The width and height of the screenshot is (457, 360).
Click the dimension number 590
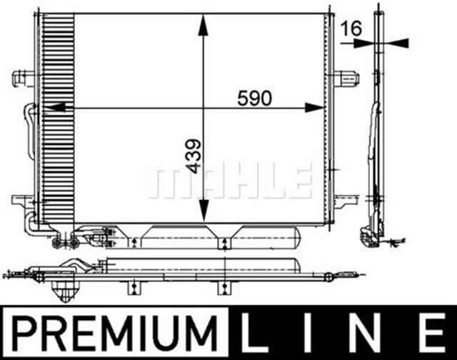click(x=255, y=99)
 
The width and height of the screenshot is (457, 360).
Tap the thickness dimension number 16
click(x=351, y=29)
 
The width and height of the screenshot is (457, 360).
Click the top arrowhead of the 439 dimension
click(x=204, y=24)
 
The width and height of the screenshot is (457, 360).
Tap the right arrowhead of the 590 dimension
click(x=315, y=108)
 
